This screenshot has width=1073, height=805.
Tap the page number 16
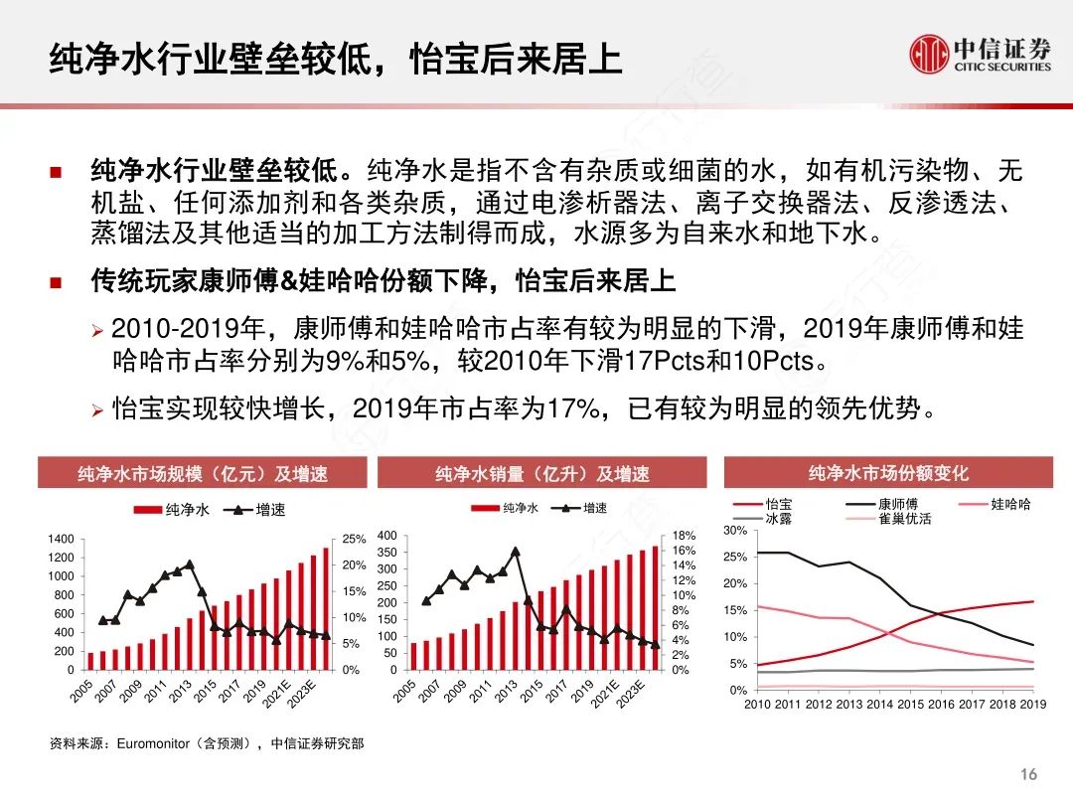[x=1028, y=774]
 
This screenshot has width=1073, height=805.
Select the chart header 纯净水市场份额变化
[x=888, y=473]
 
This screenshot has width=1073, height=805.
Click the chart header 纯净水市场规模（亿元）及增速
[x=203, y=474]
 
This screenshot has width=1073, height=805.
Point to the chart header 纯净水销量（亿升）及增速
[x=542, y=474]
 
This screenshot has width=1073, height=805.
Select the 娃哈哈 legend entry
[x=1009, y=505]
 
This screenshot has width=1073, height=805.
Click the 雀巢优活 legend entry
[x=904, y=519]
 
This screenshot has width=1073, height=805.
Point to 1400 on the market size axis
[x=61, y=539]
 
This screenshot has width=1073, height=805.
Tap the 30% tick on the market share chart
[x=734, y=531]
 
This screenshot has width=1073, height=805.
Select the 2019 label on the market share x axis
[x=1032, y=705]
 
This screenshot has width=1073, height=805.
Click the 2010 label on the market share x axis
[x=758, y=705]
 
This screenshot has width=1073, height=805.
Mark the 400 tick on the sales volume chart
[x=387, y=537]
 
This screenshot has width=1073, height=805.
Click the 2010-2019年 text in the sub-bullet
[x=188, y=329]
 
